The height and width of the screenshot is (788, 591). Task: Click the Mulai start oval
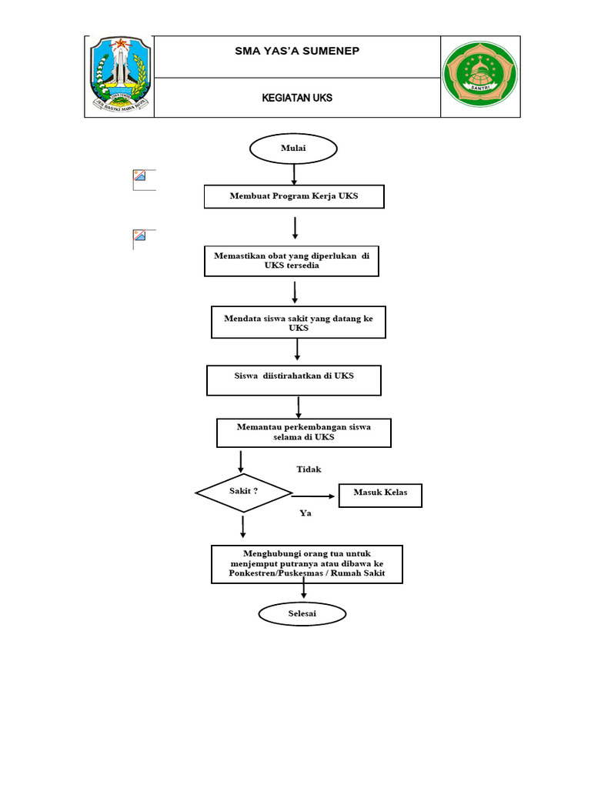(x=293, y=149)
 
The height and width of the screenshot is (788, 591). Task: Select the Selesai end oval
(x=302, y=613)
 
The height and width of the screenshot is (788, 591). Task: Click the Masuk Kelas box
(x=380, y=495)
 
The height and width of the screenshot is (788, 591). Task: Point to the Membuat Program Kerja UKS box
(x=293, y=197)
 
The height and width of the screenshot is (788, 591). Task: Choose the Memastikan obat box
(x=292, y=261)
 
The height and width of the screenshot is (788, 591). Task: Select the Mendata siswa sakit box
(x=298, y=322)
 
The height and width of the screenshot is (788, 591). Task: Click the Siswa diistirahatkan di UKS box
(x=294, y=380)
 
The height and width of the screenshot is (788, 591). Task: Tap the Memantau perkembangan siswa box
(x=304, y=432)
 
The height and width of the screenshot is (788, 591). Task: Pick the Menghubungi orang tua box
(x=306, y=564)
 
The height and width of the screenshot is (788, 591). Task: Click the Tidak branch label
(x=309, y=469)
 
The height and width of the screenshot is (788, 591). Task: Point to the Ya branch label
(x=306, y=513)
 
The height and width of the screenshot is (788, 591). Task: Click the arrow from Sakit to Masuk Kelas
(x=315, y=496)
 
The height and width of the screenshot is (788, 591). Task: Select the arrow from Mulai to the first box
(x=294, y=175)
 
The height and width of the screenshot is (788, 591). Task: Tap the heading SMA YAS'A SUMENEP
(x=296, y=52)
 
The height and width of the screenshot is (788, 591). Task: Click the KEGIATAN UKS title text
(x=296, y=98)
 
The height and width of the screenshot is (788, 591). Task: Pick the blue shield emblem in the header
(x=119, y=75)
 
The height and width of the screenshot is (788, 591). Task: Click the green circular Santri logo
(x=480, y=75)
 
